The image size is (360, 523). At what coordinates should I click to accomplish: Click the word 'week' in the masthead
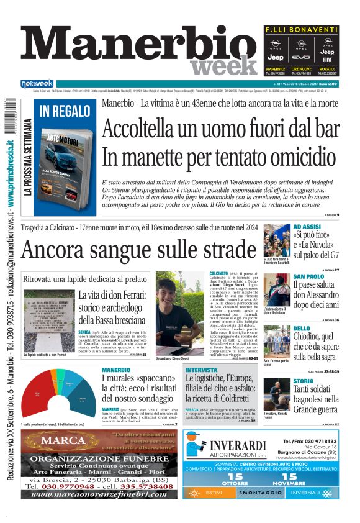pyautogui.click(x=223, y=64)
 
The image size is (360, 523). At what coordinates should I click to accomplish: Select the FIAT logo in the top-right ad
pyautogui.click(x=327, y=60)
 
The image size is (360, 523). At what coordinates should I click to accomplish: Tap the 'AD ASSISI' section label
pyautogui.click(x=307, y=227)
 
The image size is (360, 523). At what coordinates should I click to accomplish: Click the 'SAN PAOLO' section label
pyautogui.click(x=308, y=276)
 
